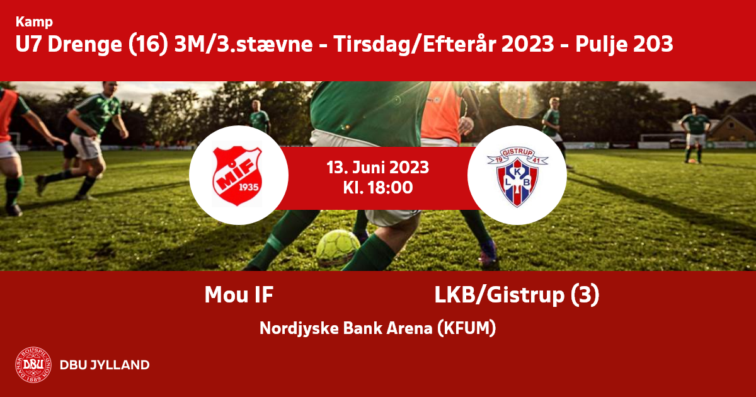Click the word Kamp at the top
pos(34,22)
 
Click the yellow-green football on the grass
pos(338,248)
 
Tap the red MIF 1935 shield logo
pos(237,176)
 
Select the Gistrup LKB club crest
pos(517,176)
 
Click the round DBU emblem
pos(33,365)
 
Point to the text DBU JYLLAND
pos(105,365)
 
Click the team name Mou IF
pos(239,295)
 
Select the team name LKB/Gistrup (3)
pos(517,295)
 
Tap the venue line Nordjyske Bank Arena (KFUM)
pos(377,328)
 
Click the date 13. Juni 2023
pos(377,168)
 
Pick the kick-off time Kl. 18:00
pos(378,188)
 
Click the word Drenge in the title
pos(84,45)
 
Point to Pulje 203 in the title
pos(624,44)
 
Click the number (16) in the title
pos(148,45)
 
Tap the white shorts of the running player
pos(86,146)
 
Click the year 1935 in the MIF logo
pos(249,187)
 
